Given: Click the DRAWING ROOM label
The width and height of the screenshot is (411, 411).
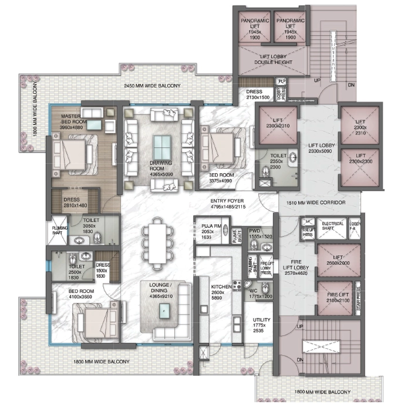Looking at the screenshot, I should point(160,166).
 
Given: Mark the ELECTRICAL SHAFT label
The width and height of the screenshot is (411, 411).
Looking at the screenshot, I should point(332,226).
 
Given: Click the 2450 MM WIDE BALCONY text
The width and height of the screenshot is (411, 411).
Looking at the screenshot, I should point(153,86).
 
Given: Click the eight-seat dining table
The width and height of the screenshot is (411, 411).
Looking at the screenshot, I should point(157,241).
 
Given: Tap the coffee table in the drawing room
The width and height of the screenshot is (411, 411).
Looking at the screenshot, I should point(160,145).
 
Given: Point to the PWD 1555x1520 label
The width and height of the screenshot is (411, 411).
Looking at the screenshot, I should point(258,233).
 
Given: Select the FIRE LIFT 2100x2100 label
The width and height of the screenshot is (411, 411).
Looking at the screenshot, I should point(339,298).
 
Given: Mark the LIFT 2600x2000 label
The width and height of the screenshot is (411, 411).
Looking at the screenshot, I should point(339,261).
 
